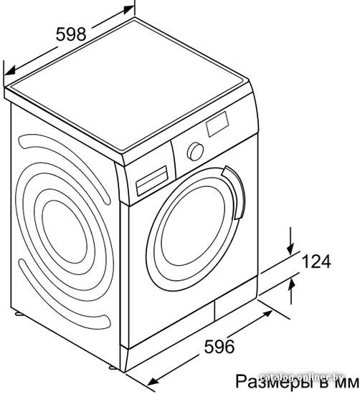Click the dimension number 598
click(71, 34)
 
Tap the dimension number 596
click(219, 347)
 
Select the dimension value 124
click(316, 261)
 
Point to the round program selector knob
click(195, 152)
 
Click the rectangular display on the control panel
click(217, 124)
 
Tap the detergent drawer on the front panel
click(152, 181)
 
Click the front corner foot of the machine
click(113, 367)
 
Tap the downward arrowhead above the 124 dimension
click(290, 249)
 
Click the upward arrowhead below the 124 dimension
click(291, 286)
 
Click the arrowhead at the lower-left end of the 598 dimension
click(10, 71)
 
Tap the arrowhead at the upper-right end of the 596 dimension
click(267, 314)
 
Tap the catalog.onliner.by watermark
click(301, 377)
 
